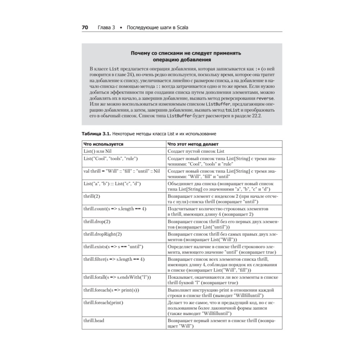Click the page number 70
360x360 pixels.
tap(85, 28)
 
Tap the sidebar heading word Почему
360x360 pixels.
tap(141, 53)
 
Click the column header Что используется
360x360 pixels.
tap(103, 144)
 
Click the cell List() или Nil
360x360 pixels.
tap(98, 151)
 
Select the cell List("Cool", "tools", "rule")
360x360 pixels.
tap(111, 158)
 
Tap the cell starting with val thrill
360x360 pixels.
tap(121, 171)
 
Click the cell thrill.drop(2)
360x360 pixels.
tap(97, 221)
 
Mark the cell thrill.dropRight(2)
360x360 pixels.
tap(103, 234)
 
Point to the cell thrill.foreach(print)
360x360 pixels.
tap(103, 302)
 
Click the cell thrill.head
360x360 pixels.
tap(94, 320)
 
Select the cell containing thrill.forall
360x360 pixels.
tap(117, 277)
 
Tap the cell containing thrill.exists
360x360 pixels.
tap(113, 247)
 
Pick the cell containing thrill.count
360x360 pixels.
tap(115, 209)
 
